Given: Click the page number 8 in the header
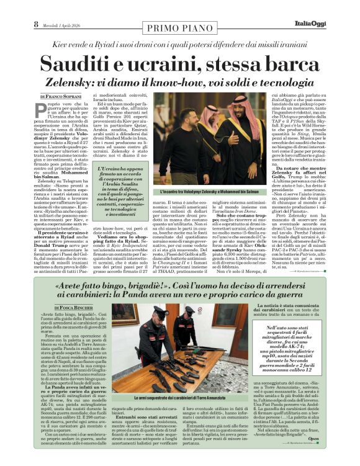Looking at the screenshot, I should click(x=35, y=24).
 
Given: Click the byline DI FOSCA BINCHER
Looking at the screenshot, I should click(x=73, y=308).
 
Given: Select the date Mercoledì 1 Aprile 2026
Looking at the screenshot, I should click(x=65, y=24).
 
